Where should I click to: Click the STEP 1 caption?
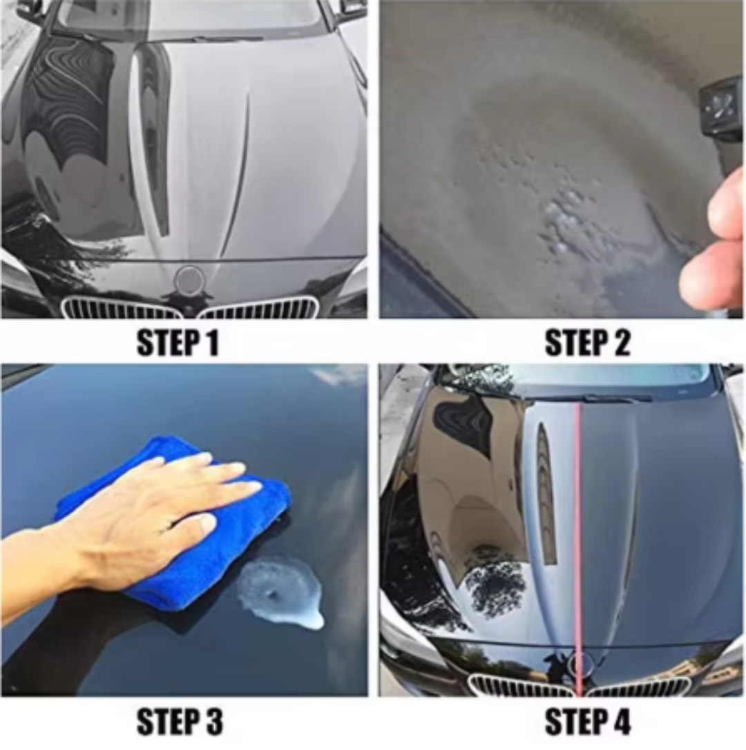178,343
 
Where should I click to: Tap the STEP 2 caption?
587,343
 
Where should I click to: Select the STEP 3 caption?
180,722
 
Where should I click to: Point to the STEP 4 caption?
588,722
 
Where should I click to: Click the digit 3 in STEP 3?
212,722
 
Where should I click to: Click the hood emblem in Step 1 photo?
189,280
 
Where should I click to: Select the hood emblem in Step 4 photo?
579,663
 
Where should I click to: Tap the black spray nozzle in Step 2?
723,110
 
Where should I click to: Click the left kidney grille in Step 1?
121,308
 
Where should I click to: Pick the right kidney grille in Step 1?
259,308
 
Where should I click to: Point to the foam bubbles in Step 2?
559,207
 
